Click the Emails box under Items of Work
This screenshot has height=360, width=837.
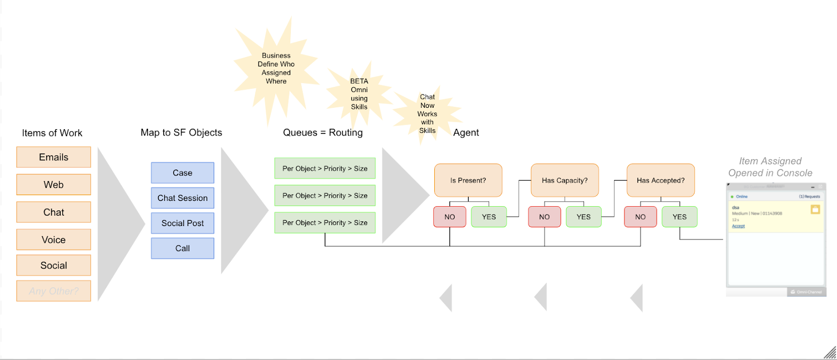tap(53, 157)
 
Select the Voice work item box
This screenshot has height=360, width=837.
tap(53, 240)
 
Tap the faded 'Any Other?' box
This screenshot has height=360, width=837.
tap(53, 291)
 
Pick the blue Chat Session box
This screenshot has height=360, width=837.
tap(183, 198)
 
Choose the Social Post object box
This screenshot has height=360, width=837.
tap(183, 223)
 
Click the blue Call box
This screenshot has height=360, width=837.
tap(183, 249)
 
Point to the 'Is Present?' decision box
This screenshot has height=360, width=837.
tap(468, 181)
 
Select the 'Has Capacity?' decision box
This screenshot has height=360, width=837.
tap(564, 181)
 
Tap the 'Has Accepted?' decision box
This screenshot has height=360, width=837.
tap(661, 181)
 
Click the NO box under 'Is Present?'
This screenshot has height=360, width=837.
tap(449, 217)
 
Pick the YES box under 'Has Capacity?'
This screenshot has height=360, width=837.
tap(583, 217)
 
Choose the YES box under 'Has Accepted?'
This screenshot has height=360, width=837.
tap(680, 217)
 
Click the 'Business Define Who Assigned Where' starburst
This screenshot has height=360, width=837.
tap(276, 69)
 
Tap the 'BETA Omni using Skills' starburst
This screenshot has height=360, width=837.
tap(359, 94)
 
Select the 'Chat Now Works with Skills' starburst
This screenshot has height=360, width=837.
tap(427, 114)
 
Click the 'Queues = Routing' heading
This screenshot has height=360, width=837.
tap(323, 133)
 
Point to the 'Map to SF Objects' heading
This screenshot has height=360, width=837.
tap(181, 133)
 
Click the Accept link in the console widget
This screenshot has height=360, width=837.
tap(738, 226)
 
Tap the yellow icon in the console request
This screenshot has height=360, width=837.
tap(815, 209)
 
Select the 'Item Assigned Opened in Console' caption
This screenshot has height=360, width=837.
tap(770, 167)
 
